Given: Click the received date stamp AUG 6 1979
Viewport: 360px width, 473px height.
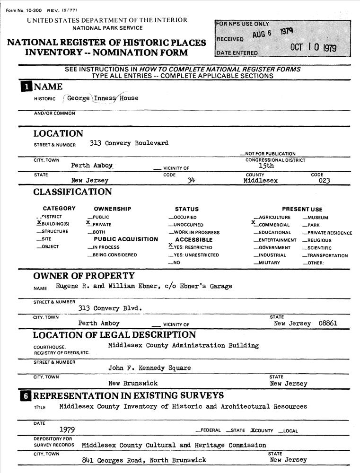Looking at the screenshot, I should pyautogui.click(x=273, y=33).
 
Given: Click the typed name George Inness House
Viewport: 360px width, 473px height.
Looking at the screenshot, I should pyautogui.click(x=103, y=98).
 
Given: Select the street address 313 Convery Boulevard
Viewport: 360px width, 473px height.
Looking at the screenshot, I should pyautogui.click(x=129, y=143).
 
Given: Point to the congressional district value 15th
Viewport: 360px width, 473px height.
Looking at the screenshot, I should pyautogui.click(x=266, y=166).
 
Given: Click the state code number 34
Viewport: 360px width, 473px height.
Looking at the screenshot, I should pyautogui.click(x=191, y=180).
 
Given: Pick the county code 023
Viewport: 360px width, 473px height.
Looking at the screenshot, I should pyautogui.click(x=324, y=180).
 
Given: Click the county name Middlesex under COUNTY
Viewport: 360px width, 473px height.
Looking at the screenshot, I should pyautogui.click(x=261, y=180).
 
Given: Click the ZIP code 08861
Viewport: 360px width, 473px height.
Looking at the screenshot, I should pyautogui.click(x=328, y=324).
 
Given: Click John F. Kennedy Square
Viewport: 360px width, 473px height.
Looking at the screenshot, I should pyautogui.click(x=149, y=368).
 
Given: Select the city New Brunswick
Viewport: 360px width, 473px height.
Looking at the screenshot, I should pyautogui.click(x=133, y=383).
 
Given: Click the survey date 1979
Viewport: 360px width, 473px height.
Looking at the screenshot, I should pyautogui.click(x=67, y=429).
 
